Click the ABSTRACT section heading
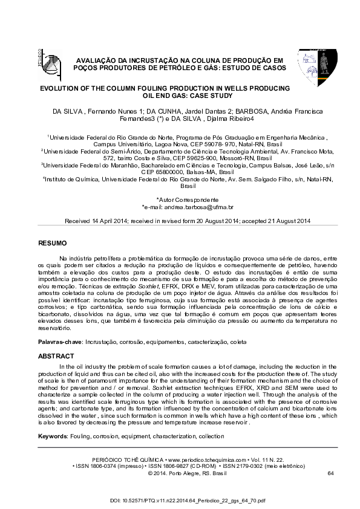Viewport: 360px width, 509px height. click(56, 357)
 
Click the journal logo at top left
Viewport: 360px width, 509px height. click(46, 60)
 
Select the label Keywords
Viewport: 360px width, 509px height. click(53, 436)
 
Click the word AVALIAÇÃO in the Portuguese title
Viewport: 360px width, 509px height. click(96, 60)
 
